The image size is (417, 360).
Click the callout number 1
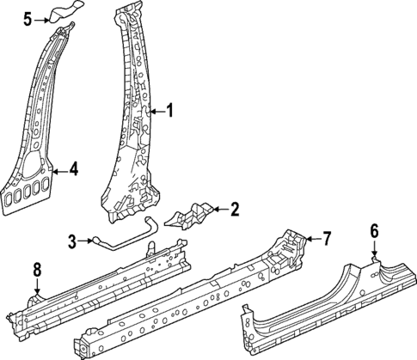point(169,110)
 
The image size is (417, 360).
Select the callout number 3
point(73,241)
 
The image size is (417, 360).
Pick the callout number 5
point(28,17)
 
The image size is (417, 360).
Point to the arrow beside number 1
point(155,110)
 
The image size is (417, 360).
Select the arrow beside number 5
point(42,17)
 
